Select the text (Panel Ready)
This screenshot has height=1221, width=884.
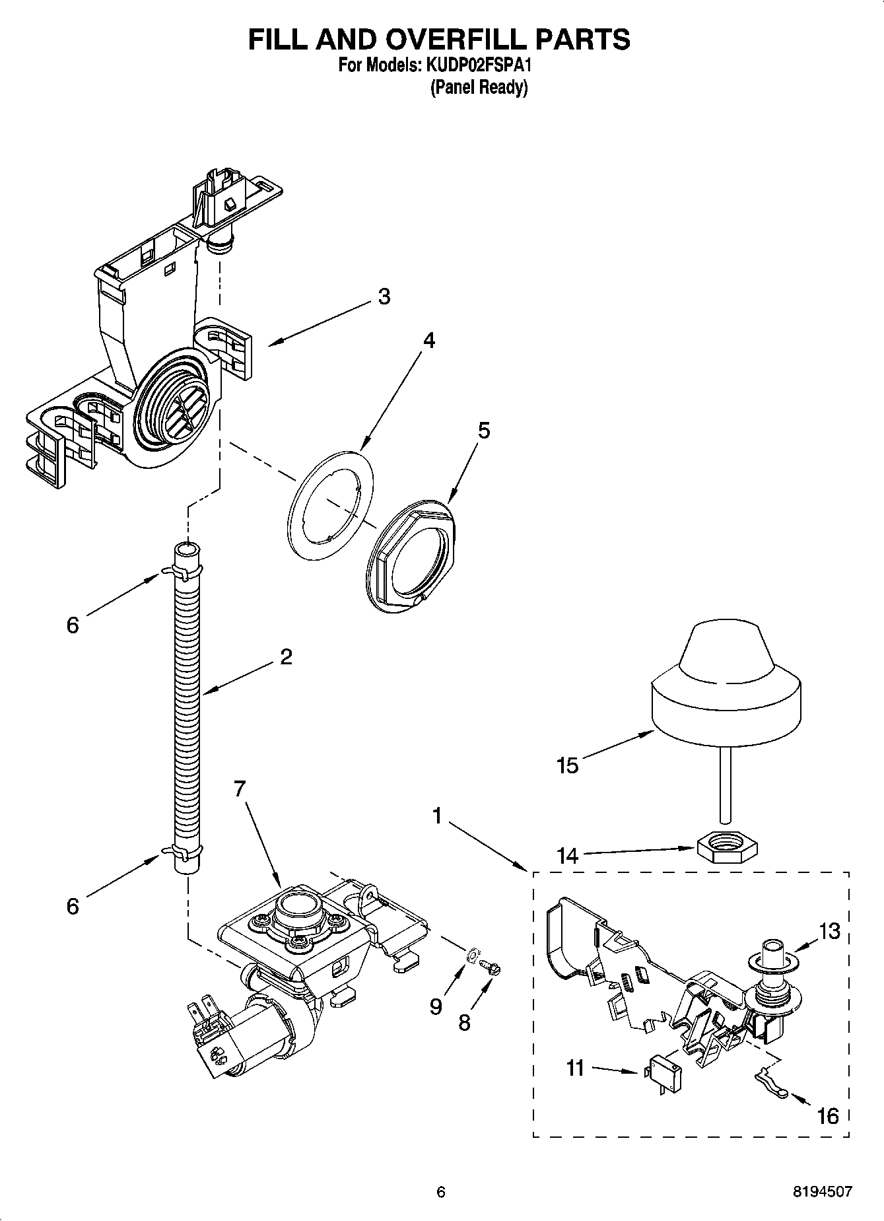point(479,87)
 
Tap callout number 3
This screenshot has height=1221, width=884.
point(384,297)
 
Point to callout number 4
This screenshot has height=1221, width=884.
point(428,341)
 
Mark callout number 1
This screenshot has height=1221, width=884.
point(436,817)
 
